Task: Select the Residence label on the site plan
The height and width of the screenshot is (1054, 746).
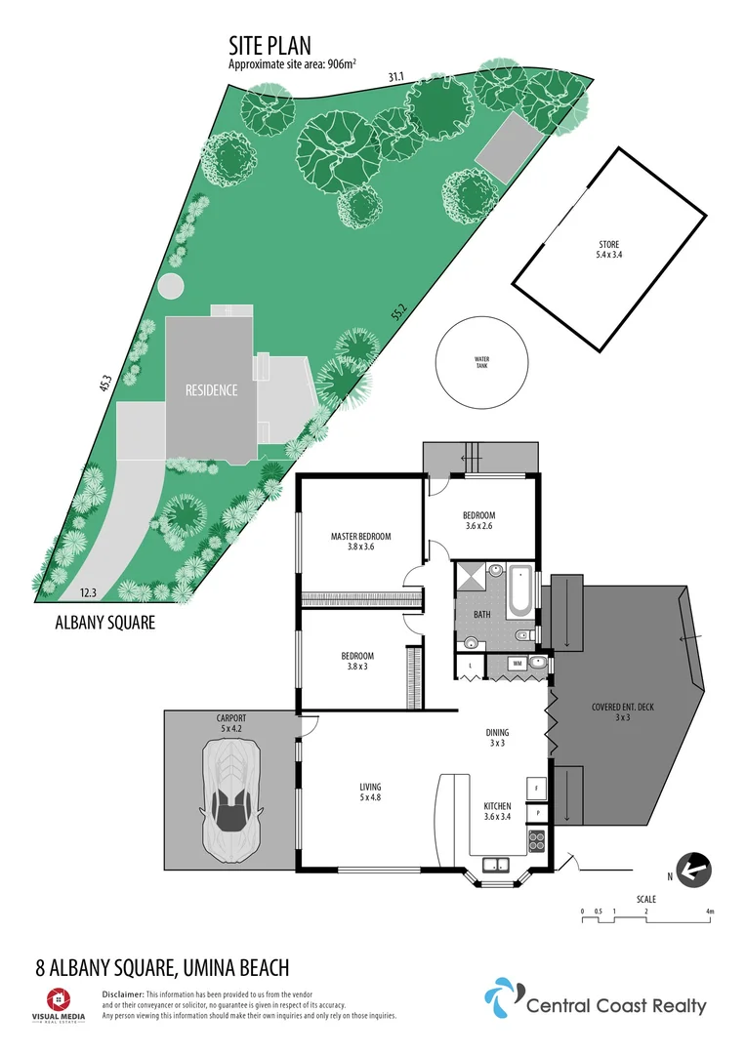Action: pos(212,390)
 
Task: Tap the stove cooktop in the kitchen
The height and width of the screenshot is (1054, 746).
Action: pos(536,837)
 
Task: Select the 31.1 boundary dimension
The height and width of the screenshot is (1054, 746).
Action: pos(394,77)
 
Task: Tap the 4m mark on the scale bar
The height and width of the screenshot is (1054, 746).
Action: pos(711,912)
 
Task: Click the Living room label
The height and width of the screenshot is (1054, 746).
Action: pos(369,791)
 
